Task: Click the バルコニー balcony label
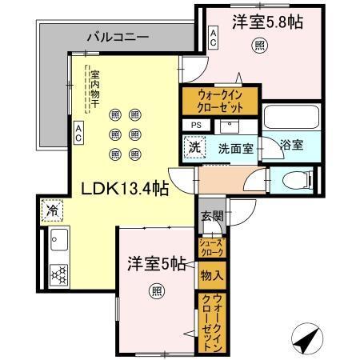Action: [118, 37]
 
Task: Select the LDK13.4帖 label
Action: [122, 189]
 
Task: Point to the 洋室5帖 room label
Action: [157, 262]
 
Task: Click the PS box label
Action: [196, 125]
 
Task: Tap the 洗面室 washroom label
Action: [237, 147]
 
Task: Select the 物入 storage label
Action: [211, 276]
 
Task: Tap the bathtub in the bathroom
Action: [291, 118]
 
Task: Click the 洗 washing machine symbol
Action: [194, 148]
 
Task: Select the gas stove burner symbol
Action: [59, 273]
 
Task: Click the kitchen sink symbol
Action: [59, 239]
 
